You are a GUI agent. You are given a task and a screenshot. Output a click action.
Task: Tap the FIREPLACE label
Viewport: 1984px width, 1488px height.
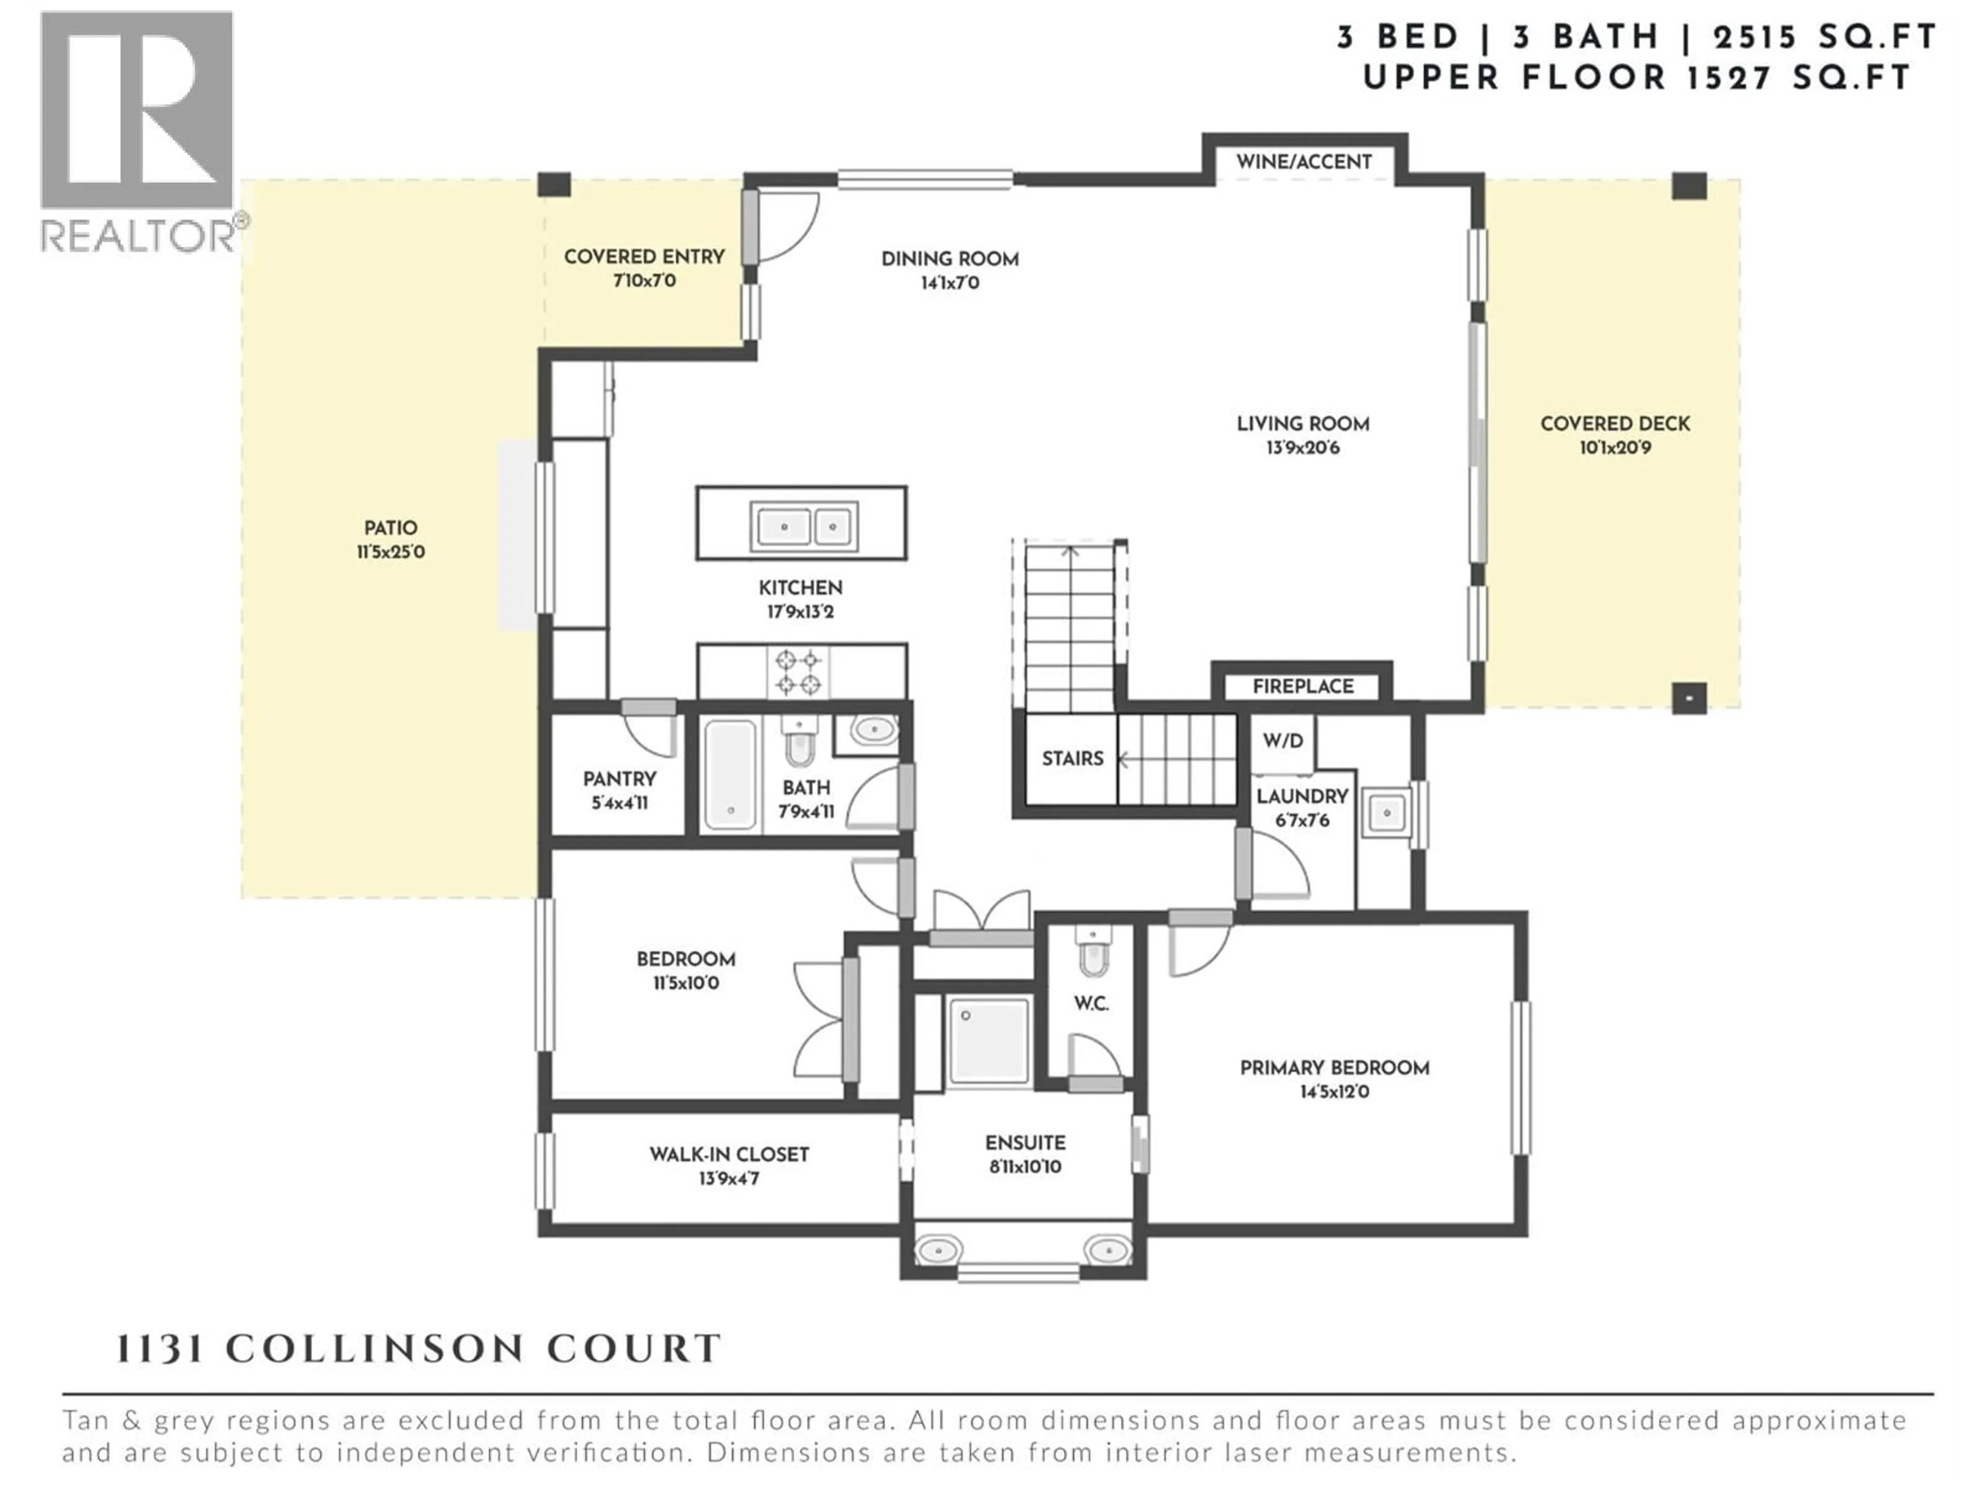click(x=1303, y=686)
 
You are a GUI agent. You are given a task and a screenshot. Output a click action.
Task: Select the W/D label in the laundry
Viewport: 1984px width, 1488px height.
click(x=1282, y=741)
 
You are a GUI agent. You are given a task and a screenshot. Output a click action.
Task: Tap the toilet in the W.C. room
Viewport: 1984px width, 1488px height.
click(x=1092, y=953)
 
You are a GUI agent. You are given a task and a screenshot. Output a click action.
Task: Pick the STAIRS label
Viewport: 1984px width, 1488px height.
click(x=1072, y=759)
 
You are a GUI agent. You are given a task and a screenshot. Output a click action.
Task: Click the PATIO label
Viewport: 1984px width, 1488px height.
click(x=390, y=528)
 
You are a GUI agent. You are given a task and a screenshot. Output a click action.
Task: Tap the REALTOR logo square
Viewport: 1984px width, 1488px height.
click(x=136, y=111)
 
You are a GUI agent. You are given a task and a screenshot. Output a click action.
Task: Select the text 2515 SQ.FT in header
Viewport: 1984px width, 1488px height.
click(x=1824, y=38)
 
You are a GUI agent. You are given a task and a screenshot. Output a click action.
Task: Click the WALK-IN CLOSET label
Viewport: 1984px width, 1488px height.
click(x=729, y=1154)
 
